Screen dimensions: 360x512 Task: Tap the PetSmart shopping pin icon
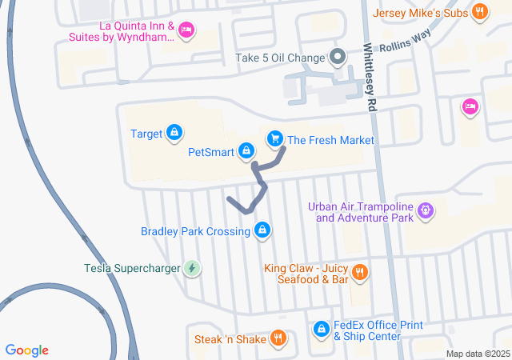[x=246, y=150]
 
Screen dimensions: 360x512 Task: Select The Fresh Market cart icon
[x=275, y=139]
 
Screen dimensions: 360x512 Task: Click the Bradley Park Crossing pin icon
[x=262, y=231]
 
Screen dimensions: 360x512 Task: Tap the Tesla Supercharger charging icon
[x=191, y=268]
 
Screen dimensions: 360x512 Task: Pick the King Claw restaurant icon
[x=360, y=272]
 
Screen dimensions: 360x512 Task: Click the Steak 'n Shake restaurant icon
[x=278, y=338]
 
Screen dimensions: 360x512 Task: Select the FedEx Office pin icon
[x=321, y=330]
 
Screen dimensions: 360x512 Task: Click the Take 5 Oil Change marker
[x=337, y=57]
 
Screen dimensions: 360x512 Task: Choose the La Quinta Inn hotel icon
[x=186, y=30]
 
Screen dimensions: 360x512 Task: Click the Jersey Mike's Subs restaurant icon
[x=479, y=11]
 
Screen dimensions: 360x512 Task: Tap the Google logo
[x=26, y=350]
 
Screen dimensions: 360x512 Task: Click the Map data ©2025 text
[x=478, y=354]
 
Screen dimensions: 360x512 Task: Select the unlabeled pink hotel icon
[x=470, y=106]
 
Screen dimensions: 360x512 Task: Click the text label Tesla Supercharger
[x=133, y=268]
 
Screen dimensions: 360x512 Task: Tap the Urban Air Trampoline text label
[x=364, y=211]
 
